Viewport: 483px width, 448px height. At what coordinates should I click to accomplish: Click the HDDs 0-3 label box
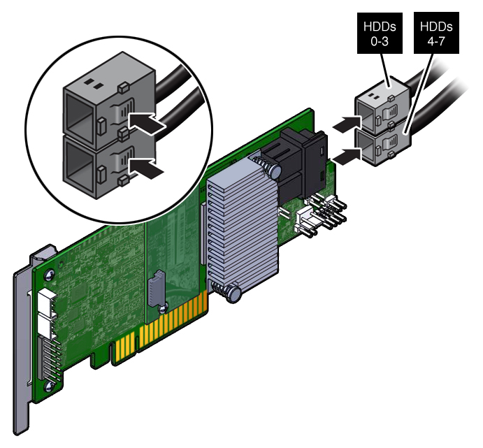point(380,34)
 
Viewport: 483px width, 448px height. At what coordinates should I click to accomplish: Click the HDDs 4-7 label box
point(436,34)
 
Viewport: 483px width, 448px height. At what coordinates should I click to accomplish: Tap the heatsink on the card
point(243,227)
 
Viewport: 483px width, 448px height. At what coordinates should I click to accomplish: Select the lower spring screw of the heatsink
point(230,293)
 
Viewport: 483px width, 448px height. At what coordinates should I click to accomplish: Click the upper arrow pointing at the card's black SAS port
point(347,124)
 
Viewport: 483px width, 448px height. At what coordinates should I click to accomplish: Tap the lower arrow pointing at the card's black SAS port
point(347,157)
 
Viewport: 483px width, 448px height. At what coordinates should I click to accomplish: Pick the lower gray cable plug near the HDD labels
point(384,144)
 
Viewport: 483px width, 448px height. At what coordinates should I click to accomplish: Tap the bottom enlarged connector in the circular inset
point(108,166)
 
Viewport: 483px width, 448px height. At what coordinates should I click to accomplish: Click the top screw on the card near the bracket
point(49,275)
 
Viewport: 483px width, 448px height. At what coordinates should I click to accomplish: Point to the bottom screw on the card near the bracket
point(49,386)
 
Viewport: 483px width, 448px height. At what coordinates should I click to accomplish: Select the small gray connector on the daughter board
point(157,289)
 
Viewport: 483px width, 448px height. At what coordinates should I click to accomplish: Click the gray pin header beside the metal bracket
point(50,358)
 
